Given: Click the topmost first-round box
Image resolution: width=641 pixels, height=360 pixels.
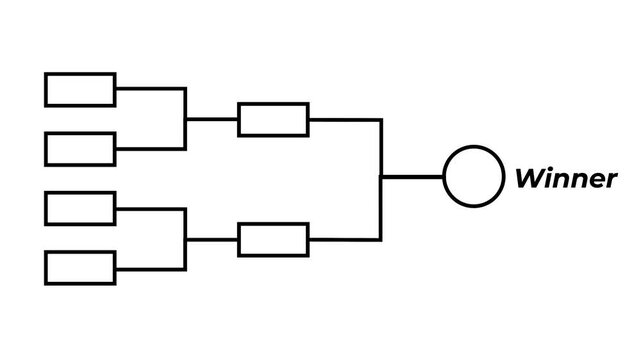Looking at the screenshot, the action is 80,89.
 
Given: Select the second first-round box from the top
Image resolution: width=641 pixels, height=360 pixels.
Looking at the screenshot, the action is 80,149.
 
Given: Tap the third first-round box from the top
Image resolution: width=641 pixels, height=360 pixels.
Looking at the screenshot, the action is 80,208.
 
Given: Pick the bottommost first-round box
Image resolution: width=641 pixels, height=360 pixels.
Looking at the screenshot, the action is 80,268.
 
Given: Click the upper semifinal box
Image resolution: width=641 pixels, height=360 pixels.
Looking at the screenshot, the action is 273,119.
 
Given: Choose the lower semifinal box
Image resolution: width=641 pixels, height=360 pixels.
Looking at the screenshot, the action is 273,240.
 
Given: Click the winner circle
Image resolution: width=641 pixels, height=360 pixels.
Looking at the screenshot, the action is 473,176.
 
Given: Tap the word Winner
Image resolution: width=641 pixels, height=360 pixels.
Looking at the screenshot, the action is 565,179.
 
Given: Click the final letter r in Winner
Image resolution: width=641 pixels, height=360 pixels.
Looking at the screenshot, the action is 610,181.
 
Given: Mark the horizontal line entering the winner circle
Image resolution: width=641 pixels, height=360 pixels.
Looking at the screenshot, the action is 412,177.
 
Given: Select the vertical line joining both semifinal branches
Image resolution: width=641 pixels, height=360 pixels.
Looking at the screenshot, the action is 381,150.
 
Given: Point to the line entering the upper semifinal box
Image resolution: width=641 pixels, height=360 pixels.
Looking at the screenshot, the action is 212,119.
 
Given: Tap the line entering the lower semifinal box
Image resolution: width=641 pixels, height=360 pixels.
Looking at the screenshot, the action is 212,240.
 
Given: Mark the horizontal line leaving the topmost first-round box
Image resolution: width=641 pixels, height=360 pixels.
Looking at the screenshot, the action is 150,89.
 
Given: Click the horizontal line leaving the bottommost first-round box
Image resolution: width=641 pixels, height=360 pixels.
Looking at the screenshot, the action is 150,269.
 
